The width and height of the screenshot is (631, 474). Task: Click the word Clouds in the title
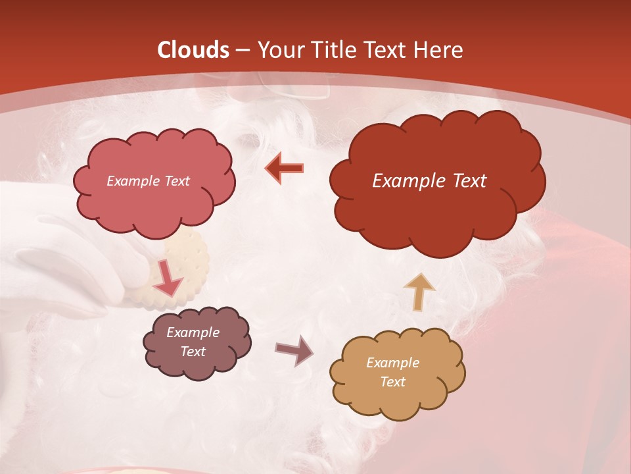(193, 50)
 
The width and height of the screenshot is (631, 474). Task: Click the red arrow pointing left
(284, 169)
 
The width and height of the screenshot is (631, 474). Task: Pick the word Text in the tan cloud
(392, 382)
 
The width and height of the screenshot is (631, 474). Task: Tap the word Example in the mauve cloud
(193, 332)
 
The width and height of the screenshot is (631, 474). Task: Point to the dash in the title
(241, 50)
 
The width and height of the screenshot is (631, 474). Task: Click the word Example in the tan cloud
(392, 363)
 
